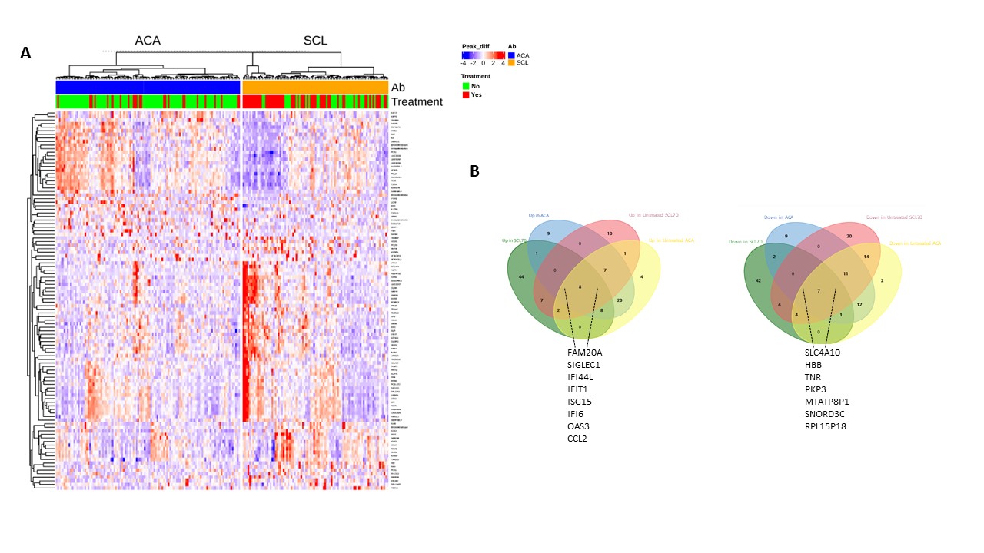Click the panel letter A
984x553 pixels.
(x=26, y=53)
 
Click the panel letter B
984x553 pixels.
(x=474, y=171)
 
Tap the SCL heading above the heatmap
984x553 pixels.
(x=315, y=41)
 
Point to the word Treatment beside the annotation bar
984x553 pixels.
(x=417, y=102)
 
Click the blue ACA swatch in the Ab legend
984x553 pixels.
(x=512, y=55)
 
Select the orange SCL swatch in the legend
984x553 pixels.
(x=512, y=62)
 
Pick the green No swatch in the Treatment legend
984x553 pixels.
(x=465, y=86)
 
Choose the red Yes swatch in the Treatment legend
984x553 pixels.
(x=465, y=94)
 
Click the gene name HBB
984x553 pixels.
(x=813, y=365)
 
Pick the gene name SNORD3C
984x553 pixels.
(x=826, y=413)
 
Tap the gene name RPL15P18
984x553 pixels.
(x=827, y=426)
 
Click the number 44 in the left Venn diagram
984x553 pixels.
(x=521, y=276)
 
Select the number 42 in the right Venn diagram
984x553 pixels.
(x=760, y=281)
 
